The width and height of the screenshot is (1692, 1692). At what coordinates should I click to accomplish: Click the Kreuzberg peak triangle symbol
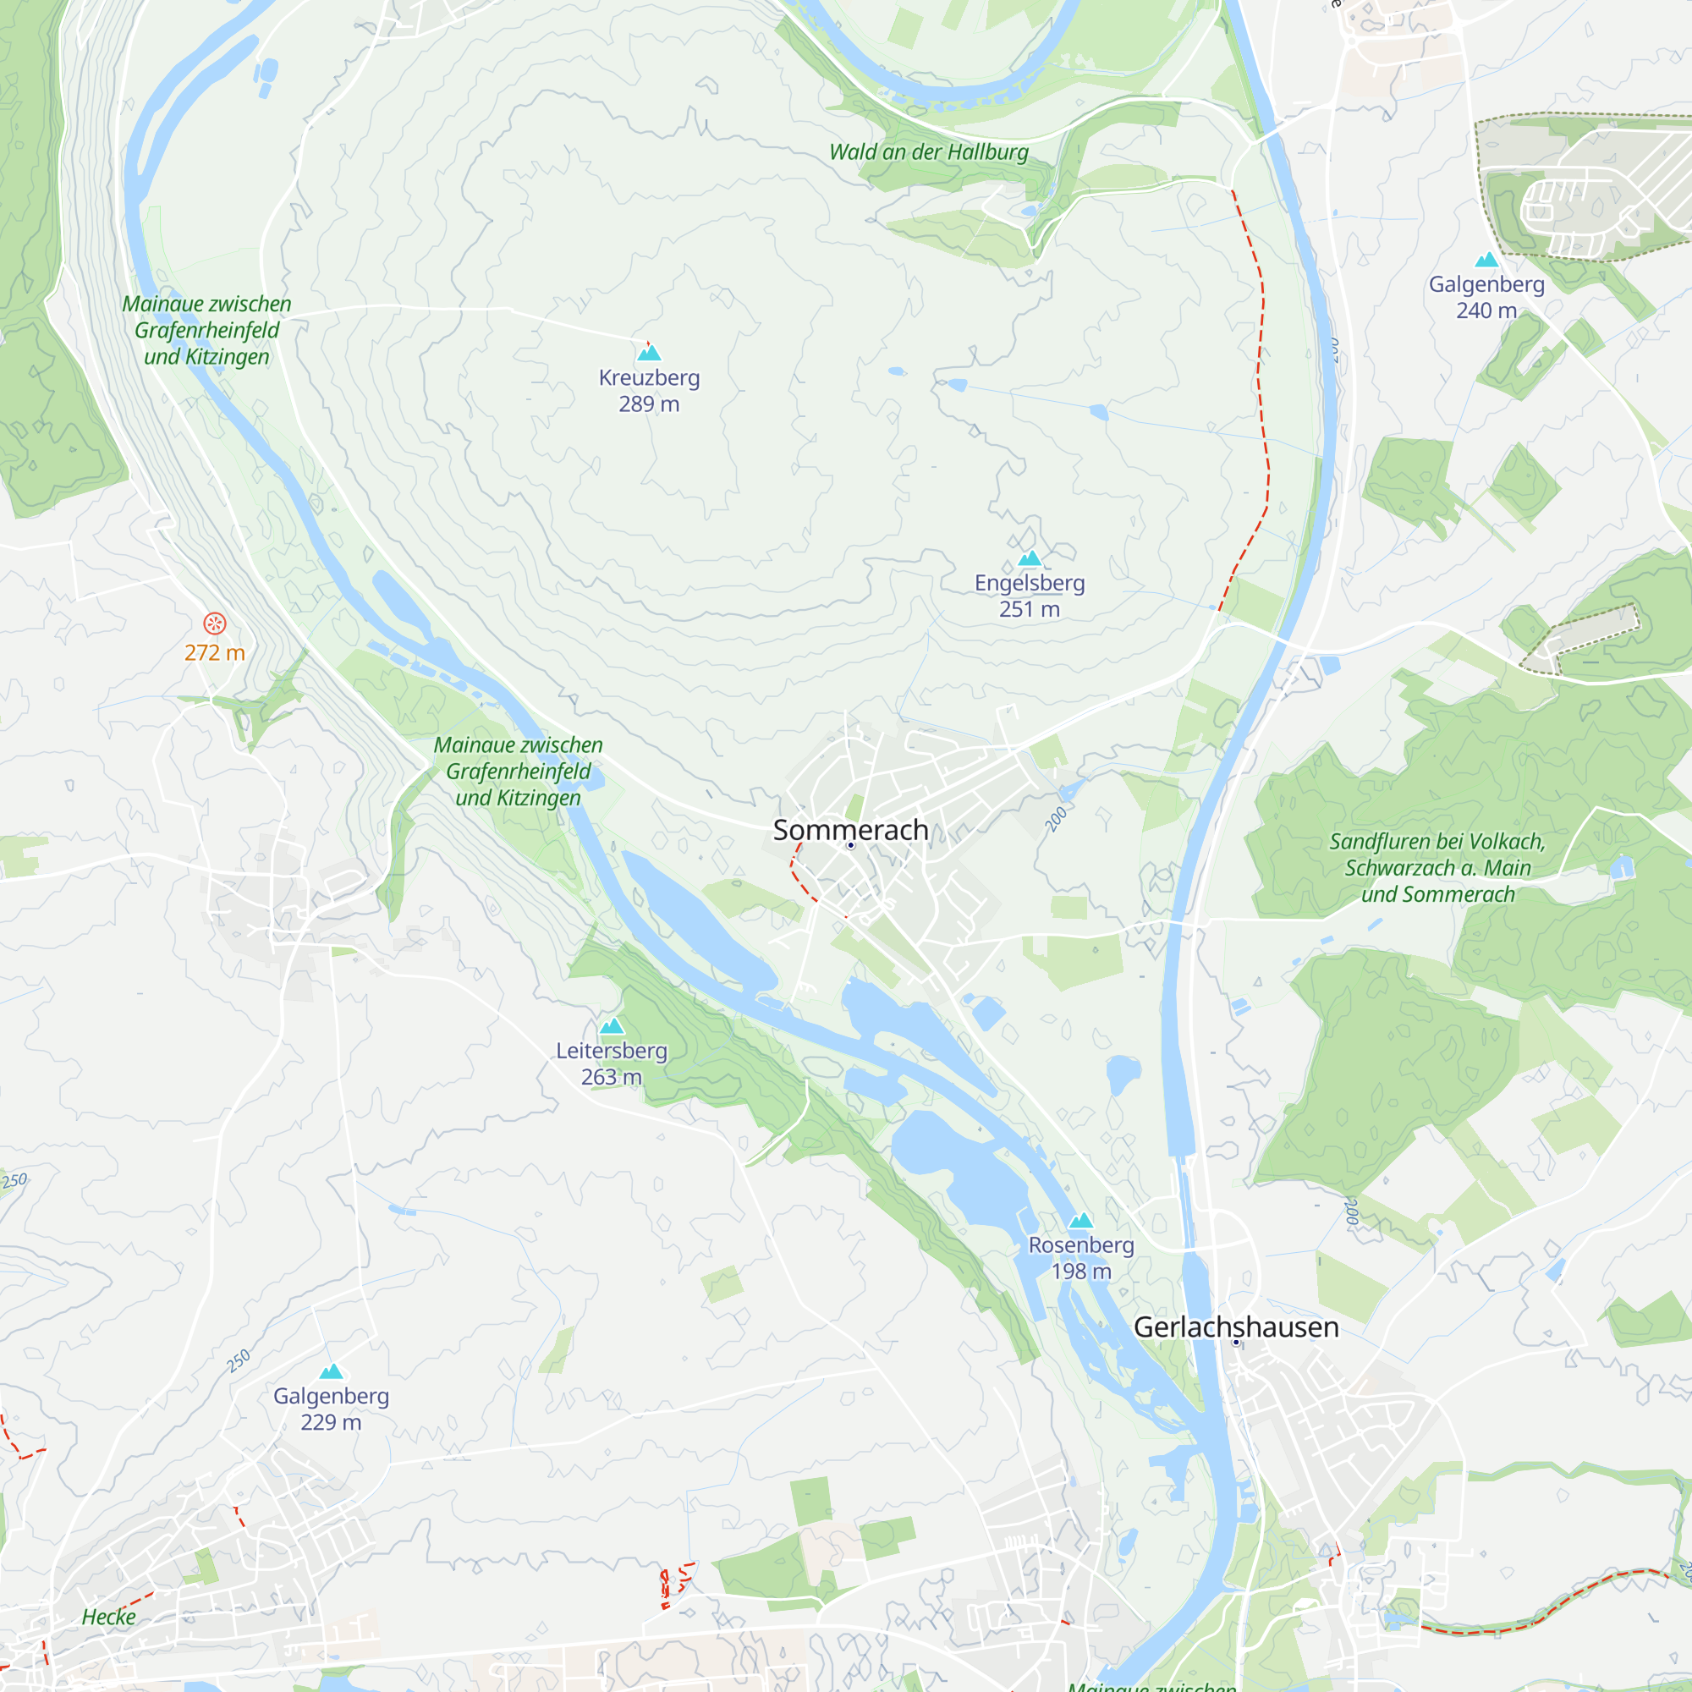[649, 353]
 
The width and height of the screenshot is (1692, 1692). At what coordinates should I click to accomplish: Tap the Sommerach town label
[849, 829]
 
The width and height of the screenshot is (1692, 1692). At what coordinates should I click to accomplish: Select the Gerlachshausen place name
[1236, 1327]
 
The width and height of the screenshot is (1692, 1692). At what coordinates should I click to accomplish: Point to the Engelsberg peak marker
[1030, 558]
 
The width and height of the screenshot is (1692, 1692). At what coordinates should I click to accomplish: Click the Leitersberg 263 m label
[612, 1063]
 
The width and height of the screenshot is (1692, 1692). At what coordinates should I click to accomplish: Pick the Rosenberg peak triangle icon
[1080, 1221]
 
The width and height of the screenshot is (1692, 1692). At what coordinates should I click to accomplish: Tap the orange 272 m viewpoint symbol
[215, 624]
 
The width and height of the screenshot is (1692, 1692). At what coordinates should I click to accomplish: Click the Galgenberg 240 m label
[1486, 297]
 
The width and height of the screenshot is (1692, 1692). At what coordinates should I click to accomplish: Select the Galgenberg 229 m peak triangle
[331, 1372]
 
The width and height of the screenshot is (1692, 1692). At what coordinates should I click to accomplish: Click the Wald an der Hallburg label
[928, 152]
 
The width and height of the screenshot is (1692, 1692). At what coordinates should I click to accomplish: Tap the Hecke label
[108, 1618]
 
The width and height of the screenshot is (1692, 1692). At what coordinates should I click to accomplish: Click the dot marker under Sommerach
[850, 845]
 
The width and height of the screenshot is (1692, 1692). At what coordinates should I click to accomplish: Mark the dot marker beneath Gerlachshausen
[1236, 1343]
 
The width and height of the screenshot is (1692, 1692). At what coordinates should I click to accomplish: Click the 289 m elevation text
[649, 404]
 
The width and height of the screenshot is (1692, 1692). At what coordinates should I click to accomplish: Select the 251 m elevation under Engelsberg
[1029, 608]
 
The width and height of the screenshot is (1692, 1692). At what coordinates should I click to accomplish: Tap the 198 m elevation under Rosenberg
[1080, 1271]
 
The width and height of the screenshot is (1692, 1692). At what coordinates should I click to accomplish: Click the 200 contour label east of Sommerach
[1056, 819]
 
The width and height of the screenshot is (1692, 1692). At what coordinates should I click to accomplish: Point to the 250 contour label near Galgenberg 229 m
[239, 1361]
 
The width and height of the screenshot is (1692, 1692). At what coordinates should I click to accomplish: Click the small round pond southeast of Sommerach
[1123, 1072]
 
